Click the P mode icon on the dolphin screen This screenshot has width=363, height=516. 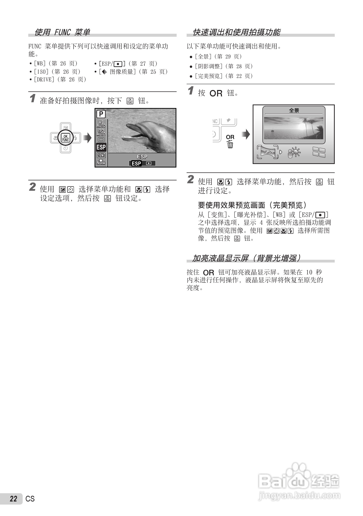[x=101, y=114]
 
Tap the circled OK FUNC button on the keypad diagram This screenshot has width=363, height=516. [x=66, y=138]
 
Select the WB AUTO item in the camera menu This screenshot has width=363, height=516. [x=101, y=124]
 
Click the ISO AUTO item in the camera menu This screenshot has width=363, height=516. [x=101, y=132]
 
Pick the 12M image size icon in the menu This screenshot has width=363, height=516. [x=101, y=155]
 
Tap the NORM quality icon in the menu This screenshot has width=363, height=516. [x=101, y=162]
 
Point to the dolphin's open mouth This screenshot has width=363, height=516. [x=130, y=136]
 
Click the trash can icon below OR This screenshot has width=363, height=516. [x=230, y=144]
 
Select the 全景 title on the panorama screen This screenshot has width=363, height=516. [x=294, y=110]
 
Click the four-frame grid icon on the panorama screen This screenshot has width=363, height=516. [x=319, y=152]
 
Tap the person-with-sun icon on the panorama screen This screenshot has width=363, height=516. [x=294, y=152]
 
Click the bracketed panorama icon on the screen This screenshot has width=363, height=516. [x=267, y=152]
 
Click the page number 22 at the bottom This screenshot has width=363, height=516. [x=14, y=499]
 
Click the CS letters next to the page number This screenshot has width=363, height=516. [x=30, y=499]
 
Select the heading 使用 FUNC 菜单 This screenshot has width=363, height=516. [x=62, y=32]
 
